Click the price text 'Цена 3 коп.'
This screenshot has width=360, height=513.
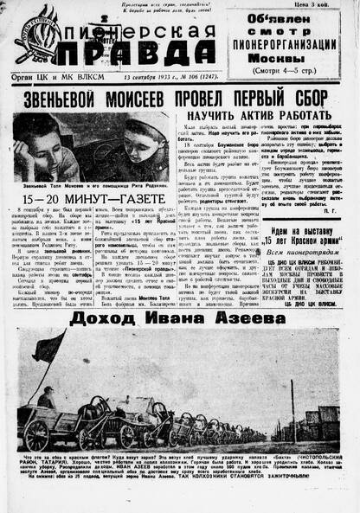click(329, 7)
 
